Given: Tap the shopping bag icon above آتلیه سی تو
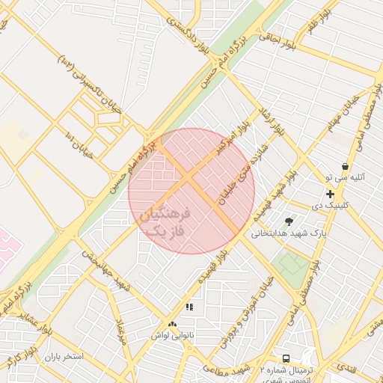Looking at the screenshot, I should [344, 166].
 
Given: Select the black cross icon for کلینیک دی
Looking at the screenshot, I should [330, 194].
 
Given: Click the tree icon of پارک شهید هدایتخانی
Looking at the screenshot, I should [289, 221].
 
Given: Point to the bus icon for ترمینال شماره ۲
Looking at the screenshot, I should [286, 358].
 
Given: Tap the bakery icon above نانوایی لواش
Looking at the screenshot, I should [173, 325].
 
